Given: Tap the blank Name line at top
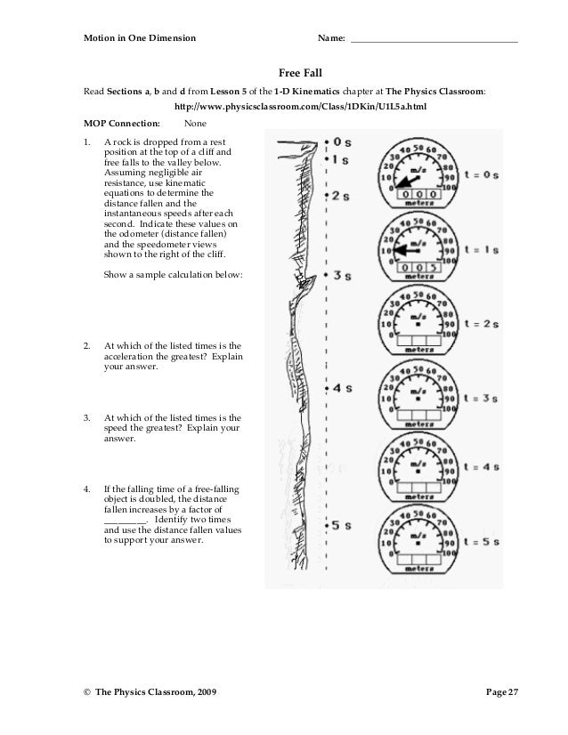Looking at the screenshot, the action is pos(435,41).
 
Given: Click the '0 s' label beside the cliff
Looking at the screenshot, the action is pos(341,142).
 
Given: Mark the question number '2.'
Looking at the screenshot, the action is pos(86,346).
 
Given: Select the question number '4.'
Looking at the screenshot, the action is pos(86,489).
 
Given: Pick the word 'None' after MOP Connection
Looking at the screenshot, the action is pos(196,124).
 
